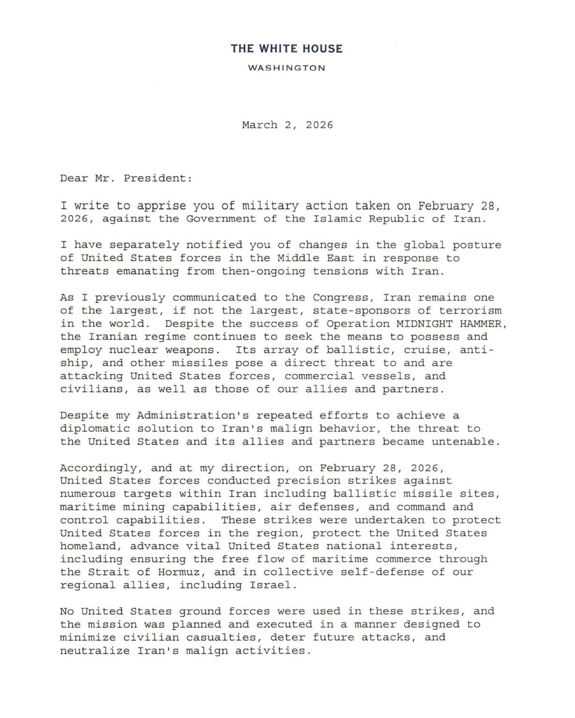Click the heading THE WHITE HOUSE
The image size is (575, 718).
click(x=287, y=48)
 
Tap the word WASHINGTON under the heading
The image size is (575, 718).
click(x=287, y=68)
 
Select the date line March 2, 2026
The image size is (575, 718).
click(x=287, y=125)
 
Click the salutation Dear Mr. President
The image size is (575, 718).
click(x=126, y=178)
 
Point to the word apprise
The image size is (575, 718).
click(x=161, y=206)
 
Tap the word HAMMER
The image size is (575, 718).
click(x=482, y=324)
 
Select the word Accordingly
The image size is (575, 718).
click(x=98, y=468)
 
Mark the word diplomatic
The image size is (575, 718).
click(x=95, y=428)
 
